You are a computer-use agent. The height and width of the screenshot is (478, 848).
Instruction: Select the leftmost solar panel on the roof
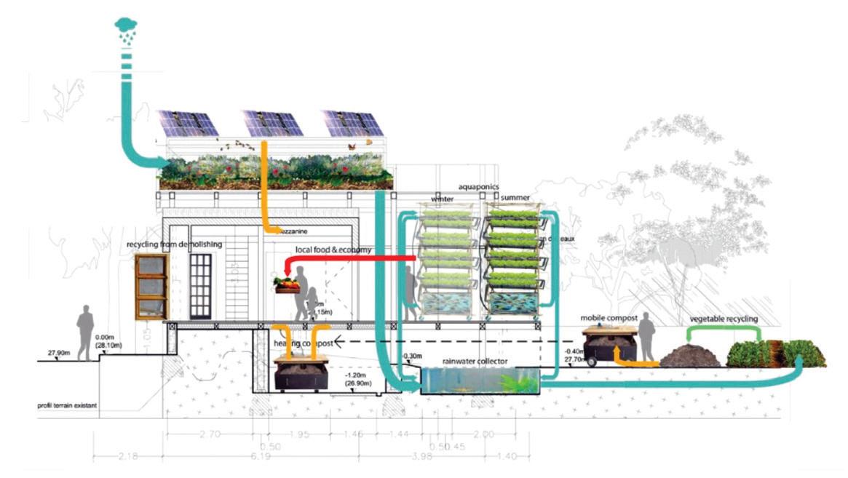coord(188,124)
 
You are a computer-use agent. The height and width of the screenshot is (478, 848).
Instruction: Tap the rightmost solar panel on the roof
coord(354,124)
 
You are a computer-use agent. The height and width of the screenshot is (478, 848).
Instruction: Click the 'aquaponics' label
coord(478,187)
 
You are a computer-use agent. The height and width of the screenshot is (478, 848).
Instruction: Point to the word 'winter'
coord(443,198)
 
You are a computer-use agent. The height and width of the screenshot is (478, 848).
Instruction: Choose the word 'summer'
coord(515,198)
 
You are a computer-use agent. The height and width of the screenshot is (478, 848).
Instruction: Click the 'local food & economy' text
coord(333,250)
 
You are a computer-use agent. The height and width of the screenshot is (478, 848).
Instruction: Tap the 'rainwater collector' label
coord(475,362)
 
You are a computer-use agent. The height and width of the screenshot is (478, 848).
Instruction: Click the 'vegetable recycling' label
coord(724,319)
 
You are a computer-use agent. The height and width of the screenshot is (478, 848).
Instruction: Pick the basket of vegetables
coord(287,284)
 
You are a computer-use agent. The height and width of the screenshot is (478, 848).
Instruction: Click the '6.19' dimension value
coord(269,456)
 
